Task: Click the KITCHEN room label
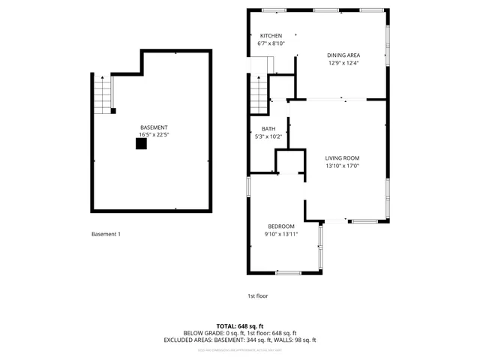click(271, 36)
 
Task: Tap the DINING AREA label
click(343, 55)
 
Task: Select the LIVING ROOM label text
click(342, 157)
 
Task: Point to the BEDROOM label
click(281, 226)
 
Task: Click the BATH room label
click(268, 129)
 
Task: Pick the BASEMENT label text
click(154, 127)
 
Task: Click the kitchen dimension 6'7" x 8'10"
click(271, 43)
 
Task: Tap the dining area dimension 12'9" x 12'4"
click(343, 62)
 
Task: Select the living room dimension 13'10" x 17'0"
click(342, 166)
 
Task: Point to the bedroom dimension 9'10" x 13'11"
click(281, 234)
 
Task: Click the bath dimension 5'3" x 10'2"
click(268, 136)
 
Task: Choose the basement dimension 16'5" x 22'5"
click(154, 135)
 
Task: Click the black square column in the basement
click(141, 144)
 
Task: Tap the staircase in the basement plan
click(102, 94)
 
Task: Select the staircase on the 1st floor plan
click(259, 94)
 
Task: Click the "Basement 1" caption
click(106, 235)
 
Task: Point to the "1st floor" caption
click(257, 296)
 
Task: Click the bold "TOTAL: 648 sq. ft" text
click(240, 326)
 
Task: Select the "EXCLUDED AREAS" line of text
click(240, 340)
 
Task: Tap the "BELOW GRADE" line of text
click(240, 333)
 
